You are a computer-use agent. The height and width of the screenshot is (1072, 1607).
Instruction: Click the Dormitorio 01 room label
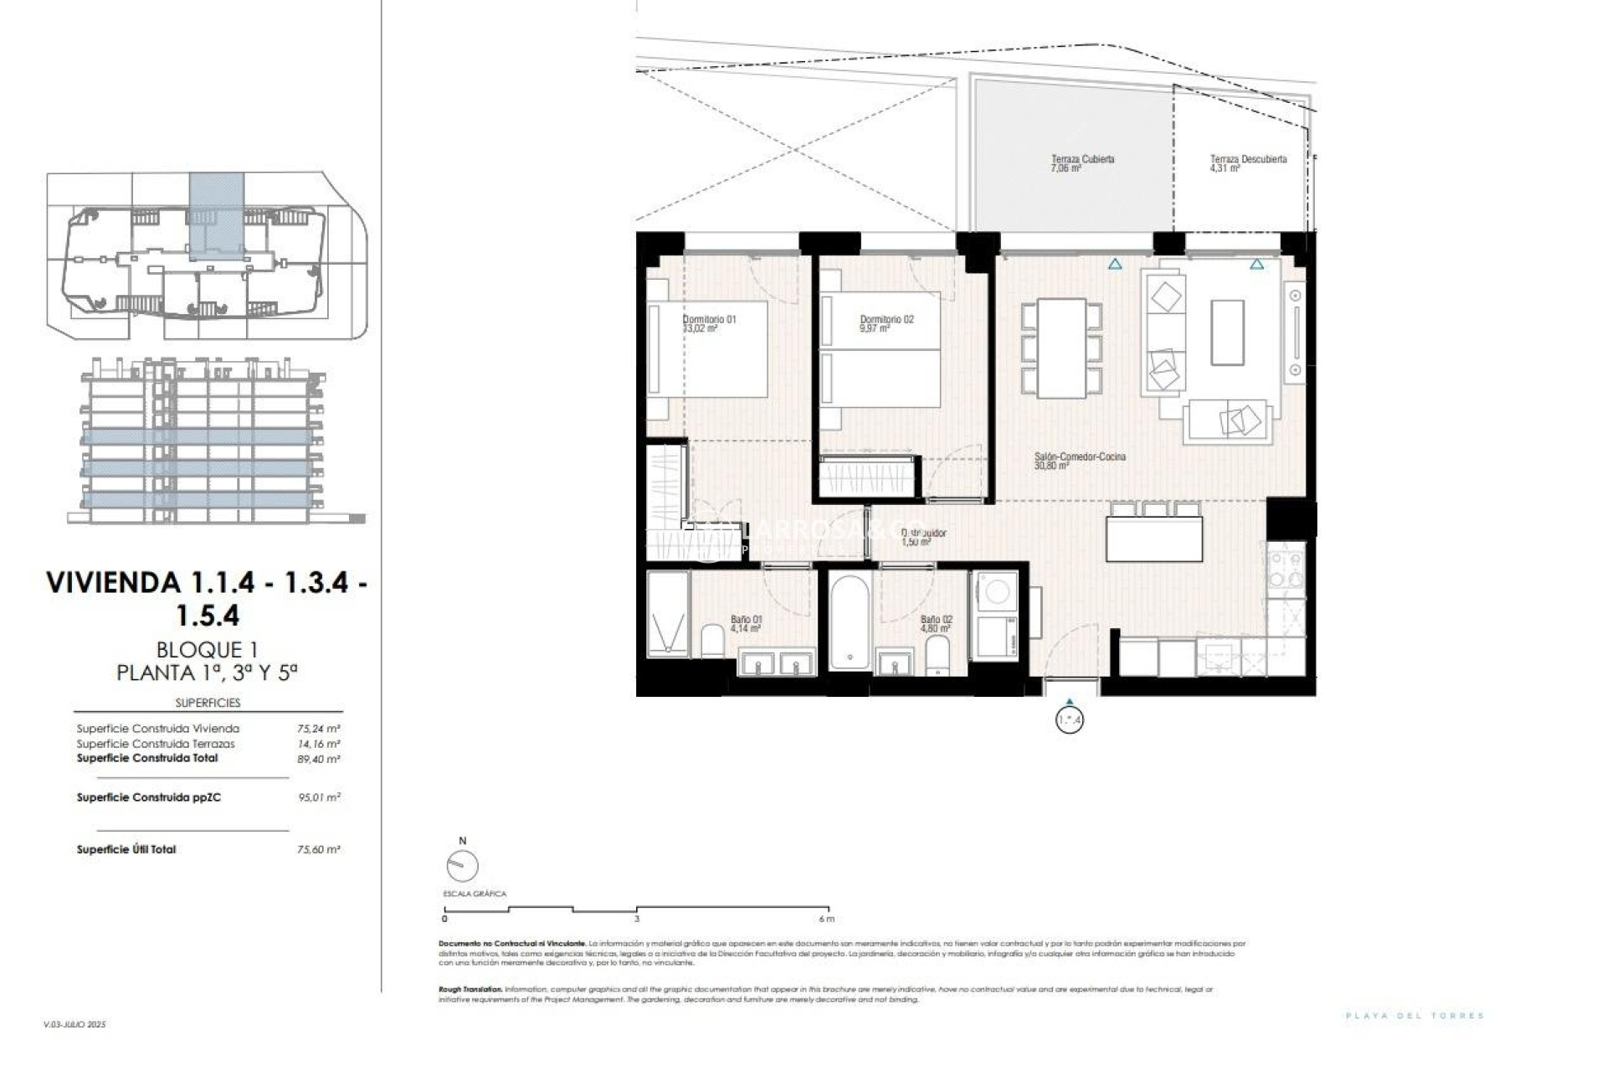point(709,319)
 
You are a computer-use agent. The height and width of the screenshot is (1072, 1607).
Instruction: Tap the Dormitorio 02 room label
point(886,319)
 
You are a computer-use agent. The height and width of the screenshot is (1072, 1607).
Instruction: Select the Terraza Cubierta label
point(1082,159)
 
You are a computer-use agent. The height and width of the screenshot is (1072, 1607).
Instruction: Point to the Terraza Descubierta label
point(1248,159)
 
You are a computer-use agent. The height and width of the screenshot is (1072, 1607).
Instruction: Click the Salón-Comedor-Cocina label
point(1080,457)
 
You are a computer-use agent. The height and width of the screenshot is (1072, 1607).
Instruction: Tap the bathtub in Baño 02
point(850,621)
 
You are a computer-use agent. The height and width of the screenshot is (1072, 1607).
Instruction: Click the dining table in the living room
point(1061,348)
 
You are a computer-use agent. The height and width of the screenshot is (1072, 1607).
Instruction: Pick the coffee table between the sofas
point(1227,332)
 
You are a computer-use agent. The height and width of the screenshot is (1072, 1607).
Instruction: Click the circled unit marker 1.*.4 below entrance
point(1069,719)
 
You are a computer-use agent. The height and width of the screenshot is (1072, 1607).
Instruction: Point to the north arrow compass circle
point(463,866)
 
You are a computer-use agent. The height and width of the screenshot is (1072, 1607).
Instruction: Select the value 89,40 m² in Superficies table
point(319,759)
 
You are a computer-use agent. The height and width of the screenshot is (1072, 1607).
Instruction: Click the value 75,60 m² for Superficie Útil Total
point(319,849)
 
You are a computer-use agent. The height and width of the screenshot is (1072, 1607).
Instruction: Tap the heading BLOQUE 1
point(207,649)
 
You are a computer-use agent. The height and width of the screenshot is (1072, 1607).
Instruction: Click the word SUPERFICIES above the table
point(208,703)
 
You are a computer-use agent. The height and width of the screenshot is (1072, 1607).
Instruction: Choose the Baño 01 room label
point(746,620)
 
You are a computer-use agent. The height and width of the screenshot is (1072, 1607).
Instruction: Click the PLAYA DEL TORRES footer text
point(1414,1016)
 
